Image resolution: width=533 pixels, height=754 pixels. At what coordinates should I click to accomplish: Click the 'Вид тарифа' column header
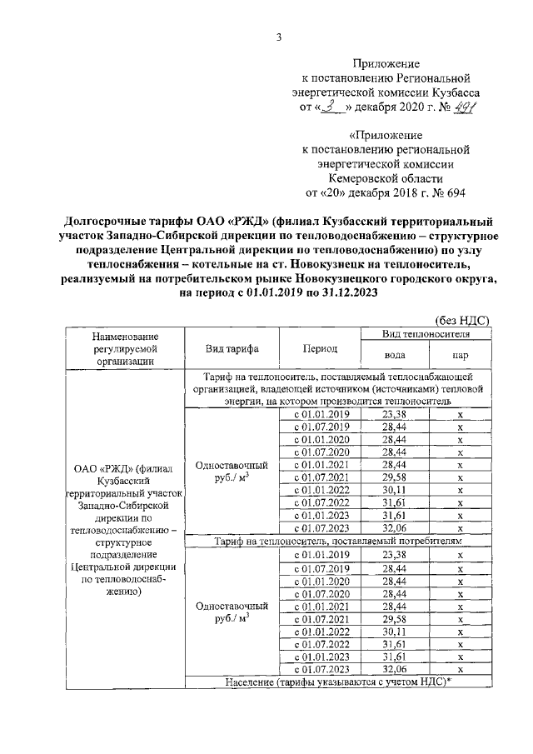pos(230,348)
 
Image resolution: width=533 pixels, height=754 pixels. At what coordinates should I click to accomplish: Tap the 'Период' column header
pos(320,348)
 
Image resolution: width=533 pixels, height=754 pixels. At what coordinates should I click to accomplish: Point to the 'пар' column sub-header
pos(460,356)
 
